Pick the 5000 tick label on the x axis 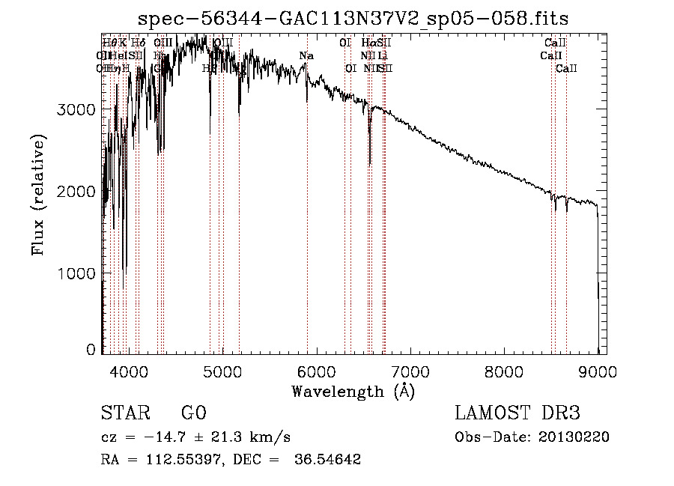click(x=222, y=370)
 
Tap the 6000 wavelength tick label click(x=316, y=370)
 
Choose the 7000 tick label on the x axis click(x=410, y=370)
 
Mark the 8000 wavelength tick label click(x=504, y=370)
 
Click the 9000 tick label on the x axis click(x=597, y=370)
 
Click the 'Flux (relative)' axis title click(x=38, y=195)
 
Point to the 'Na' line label click(x=306, y=55)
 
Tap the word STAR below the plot click(x=124, y=413)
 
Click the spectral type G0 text click(x=193, y=413)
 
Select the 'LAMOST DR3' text click(x=517, y=413)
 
